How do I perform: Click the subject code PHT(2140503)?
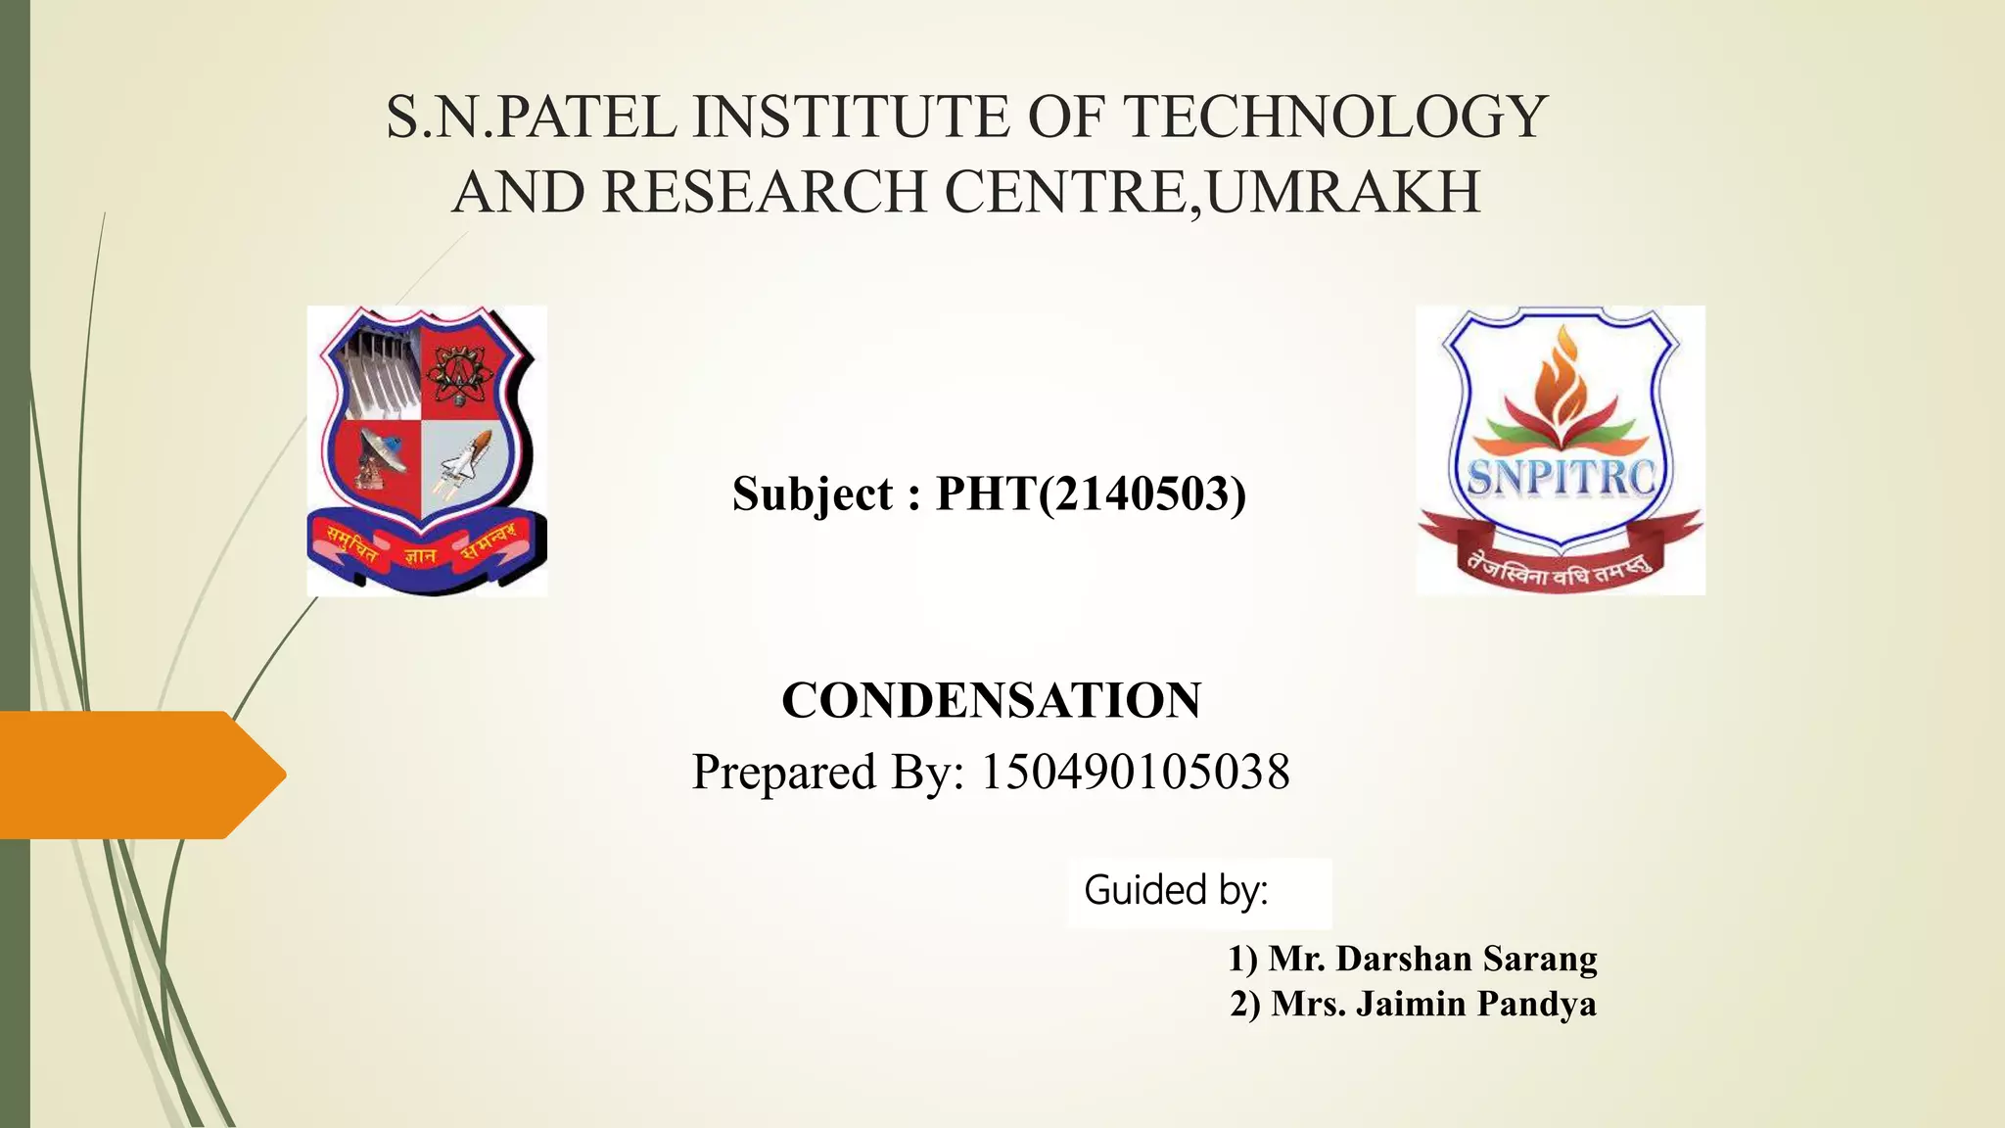[x=1091, y=493]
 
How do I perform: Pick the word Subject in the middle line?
[x=813, y=494]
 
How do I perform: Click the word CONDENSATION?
[x=991, y=700]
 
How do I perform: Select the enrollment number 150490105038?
[x=1135, y=772]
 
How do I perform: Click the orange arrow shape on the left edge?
[x=137, y=775]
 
